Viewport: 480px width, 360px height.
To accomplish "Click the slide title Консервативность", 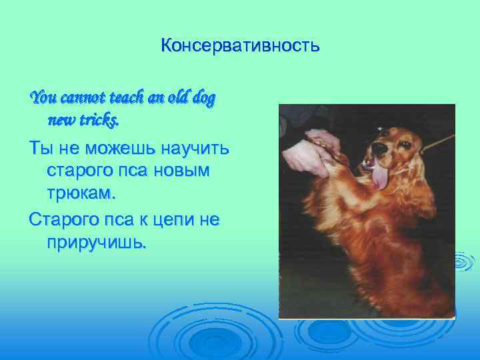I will (x=240, y=47).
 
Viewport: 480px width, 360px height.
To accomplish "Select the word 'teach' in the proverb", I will (x=123, y=99).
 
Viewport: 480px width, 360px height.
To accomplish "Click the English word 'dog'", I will (x=203, y=99).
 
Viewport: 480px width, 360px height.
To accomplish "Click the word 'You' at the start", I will (x=43, y=99).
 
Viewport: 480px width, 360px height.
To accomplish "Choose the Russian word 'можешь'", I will (x=108, y=149).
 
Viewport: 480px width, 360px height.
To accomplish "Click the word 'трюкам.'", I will (x=81, y=194).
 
